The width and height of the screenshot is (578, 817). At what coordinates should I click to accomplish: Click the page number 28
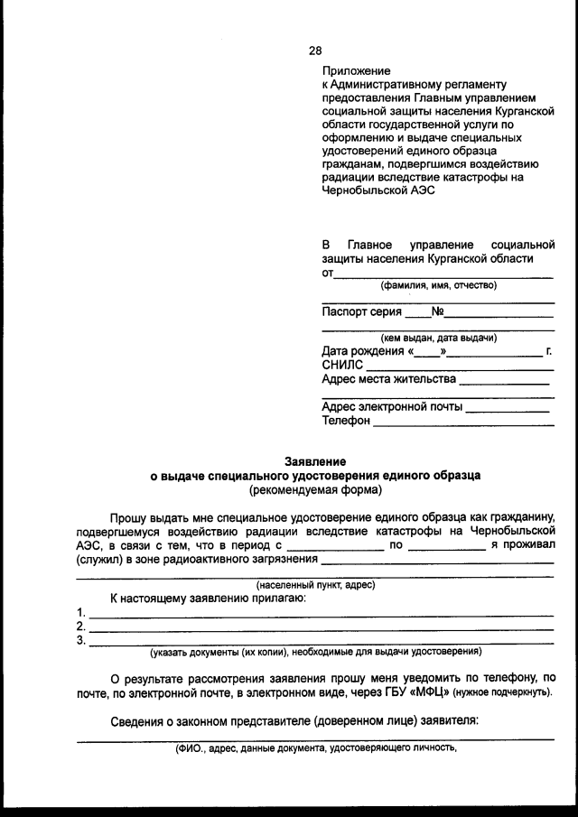[315, 51]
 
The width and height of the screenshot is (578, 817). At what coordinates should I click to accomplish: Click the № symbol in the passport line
[437, 313]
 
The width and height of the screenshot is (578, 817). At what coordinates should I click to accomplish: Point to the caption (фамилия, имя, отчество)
[438, 286]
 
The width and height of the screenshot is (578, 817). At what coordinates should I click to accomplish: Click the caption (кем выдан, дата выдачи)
[438, 338]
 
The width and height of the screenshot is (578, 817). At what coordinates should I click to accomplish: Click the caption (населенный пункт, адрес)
[315, 585]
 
